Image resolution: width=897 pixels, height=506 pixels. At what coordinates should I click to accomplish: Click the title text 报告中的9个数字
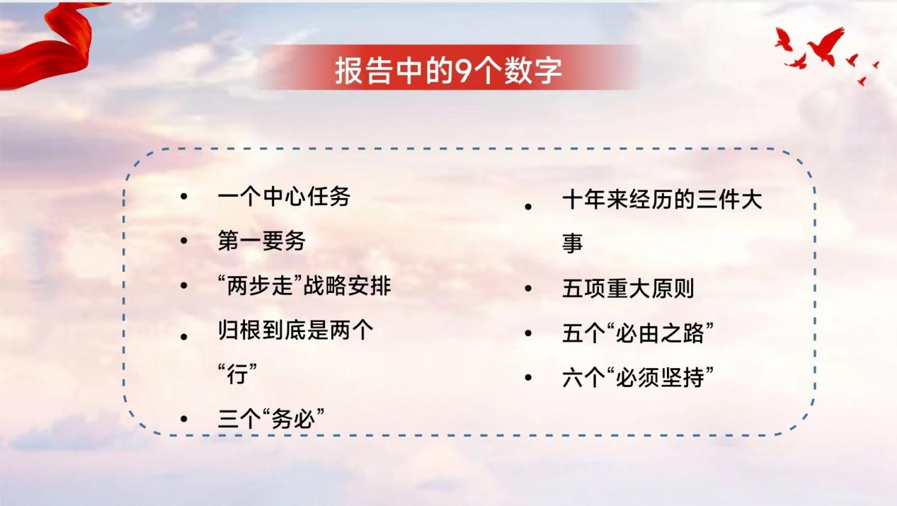[449, 71]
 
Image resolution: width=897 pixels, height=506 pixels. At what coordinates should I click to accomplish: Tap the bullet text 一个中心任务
[284, 197]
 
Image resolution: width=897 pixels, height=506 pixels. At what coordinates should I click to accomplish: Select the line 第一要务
[261, 241]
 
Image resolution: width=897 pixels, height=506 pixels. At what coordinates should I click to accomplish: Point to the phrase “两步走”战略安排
[304, 286]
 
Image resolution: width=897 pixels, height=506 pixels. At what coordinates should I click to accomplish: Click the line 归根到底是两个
[295, 330]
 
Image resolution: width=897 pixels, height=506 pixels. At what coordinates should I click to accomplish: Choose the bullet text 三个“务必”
[271, 419]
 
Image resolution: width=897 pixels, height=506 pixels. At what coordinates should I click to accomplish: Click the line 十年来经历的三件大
[662, 200]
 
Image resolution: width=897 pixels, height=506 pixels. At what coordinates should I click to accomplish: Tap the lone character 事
[573, 243]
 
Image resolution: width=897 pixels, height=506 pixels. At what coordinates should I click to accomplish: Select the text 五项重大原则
[628, 288]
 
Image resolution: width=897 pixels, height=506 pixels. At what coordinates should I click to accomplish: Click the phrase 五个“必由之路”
[638, 333]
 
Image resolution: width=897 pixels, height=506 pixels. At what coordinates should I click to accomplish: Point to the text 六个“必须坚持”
[638, 377]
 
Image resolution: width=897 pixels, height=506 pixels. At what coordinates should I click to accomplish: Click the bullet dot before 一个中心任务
[184, 197]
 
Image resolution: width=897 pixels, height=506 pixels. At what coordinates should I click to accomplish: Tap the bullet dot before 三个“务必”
[184, 419]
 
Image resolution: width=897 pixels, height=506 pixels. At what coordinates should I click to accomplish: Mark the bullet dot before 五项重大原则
[528, 288]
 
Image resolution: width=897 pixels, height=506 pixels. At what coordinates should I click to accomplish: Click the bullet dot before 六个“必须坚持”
[528, 377]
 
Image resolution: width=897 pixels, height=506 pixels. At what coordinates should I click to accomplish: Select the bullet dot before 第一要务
[184, 241]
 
